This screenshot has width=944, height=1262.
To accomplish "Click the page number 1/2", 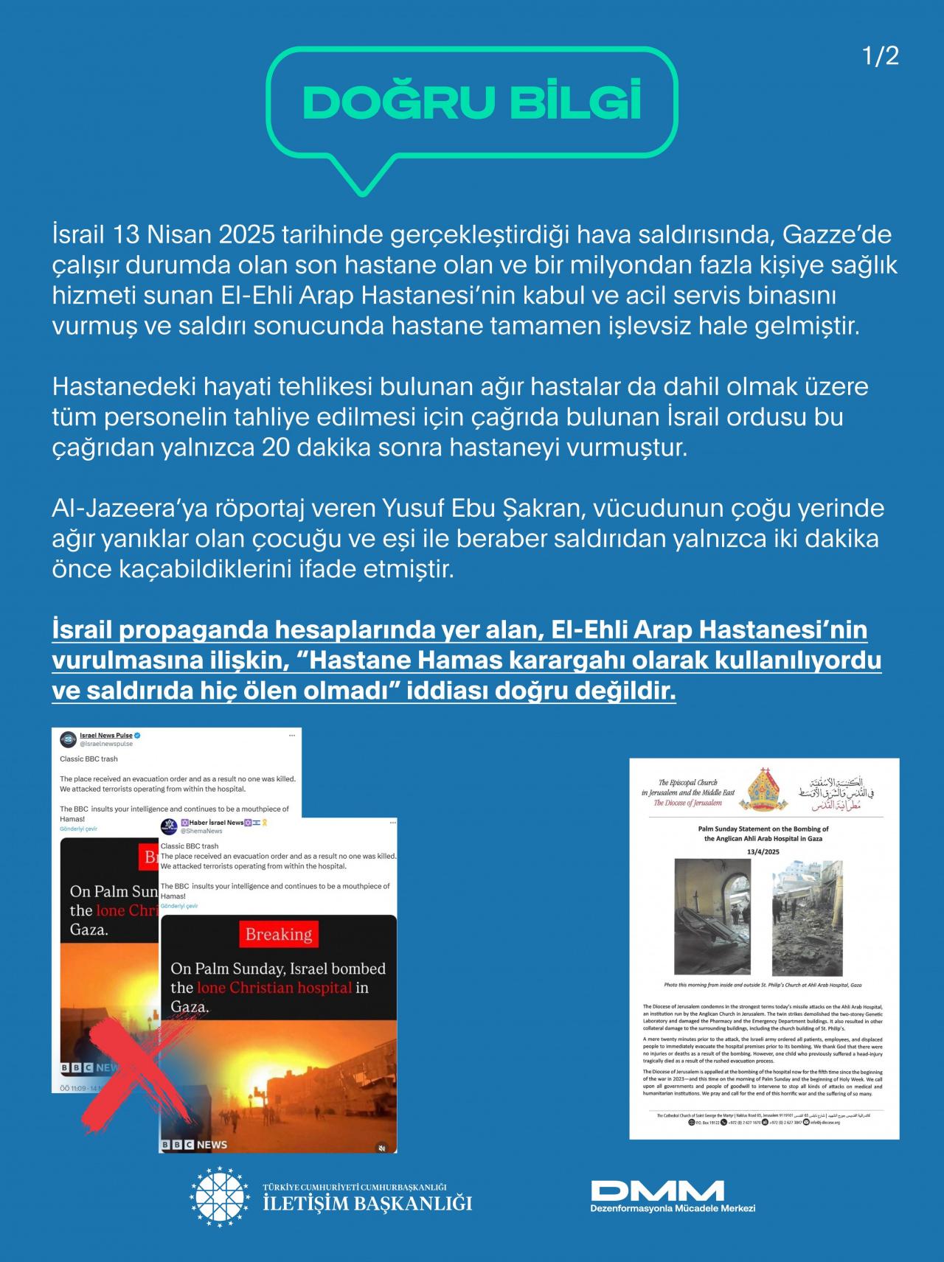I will [x=881, y=57].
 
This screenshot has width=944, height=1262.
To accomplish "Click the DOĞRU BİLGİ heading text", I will [x=472, y=102].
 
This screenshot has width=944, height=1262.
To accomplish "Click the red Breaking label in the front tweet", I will [x=278, y=935].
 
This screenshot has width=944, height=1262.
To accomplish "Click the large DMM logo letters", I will [x=656, y=1190].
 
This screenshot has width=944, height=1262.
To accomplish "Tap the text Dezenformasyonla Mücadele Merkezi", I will [x=673, y=1208].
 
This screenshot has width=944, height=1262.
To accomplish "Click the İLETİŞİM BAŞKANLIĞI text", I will [x=367, y=1205].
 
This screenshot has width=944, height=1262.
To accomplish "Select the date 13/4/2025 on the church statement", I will [x=763, y=851].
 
